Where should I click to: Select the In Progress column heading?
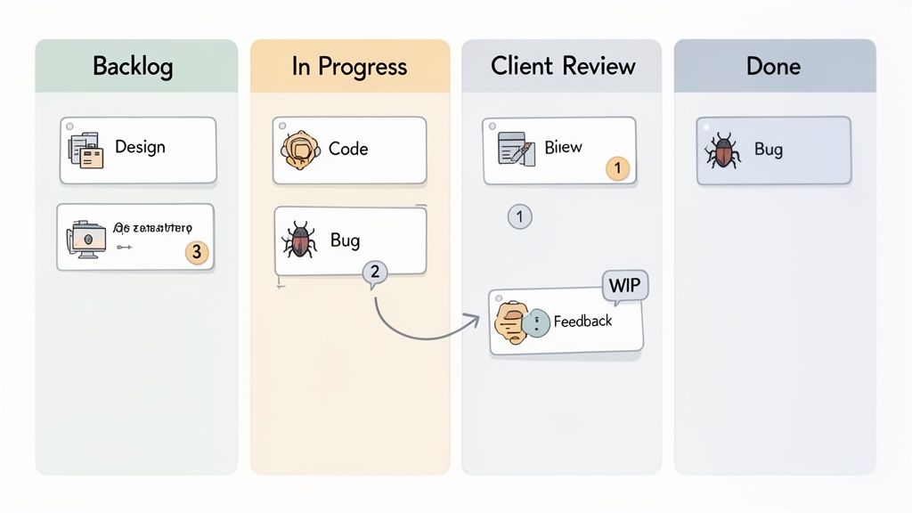point(349,66)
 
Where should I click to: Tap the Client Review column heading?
point(563,66)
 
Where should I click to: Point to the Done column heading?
point(774,66)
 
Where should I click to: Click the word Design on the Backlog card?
point(140,147)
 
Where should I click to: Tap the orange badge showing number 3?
point(198,252)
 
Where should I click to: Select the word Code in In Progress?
point(347,149)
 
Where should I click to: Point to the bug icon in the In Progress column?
point(299,240)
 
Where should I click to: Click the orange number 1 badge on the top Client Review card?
point(617,167)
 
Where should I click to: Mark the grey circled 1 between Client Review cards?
point(519,216)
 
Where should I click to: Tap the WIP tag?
point(625,286)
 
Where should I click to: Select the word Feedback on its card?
point(582,321)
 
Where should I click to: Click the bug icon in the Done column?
point(722,151)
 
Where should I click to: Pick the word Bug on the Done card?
point(768,149)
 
